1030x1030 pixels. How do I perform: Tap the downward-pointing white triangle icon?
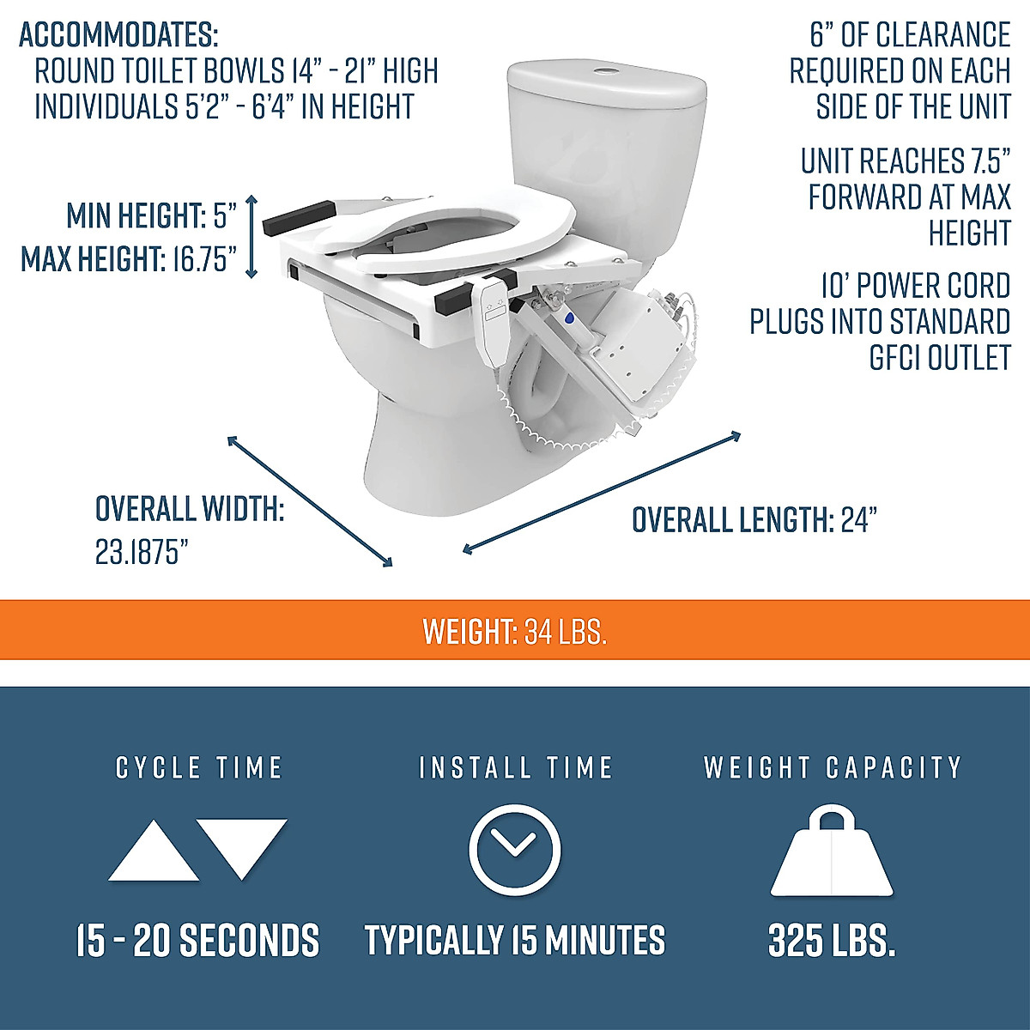coord(241,845)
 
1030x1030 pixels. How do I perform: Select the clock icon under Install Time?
coord(515,850)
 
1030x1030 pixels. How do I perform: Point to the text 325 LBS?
coord(832,941)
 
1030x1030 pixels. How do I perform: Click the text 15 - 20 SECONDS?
coord(197,941)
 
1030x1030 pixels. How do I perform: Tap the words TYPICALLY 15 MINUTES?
coord(515,941)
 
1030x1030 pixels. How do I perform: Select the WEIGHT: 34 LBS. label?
coord(515,632)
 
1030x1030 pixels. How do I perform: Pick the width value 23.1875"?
coord(142,553)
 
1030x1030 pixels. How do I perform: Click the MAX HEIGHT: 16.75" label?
coord(129,258)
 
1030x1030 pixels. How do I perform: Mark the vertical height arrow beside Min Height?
coord(251,237)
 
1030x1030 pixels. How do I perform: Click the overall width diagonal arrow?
coord(310,500)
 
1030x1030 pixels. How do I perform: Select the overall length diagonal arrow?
coord(601,492)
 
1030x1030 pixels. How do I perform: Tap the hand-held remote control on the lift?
coord(493,313)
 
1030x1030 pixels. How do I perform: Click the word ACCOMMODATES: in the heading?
coord(119,36)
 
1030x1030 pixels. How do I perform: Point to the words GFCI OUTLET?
coord(940,358)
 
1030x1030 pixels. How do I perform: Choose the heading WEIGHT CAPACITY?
coord(832,767)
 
